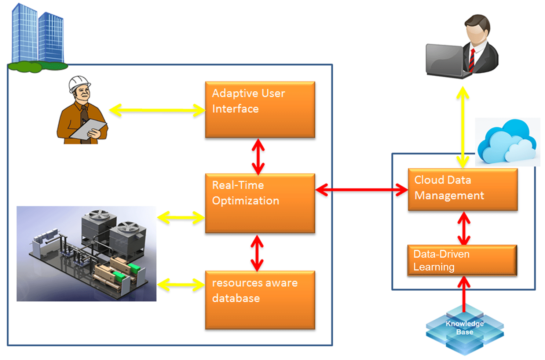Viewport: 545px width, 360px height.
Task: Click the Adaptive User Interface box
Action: point(260,109)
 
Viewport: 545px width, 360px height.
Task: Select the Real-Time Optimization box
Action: point(260,203)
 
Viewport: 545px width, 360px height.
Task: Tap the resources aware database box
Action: point(260,300)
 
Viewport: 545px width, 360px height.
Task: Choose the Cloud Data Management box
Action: point(462,189)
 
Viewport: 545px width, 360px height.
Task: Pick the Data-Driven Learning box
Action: point(462,260)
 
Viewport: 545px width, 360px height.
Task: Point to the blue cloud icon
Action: point(507,142)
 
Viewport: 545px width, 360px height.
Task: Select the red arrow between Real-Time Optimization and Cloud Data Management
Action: point(361,190)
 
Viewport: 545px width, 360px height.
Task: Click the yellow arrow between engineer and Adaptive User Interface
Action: point(157,110)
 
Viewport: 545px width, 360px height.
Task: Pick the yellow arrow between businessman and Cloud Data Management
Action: point(462,127)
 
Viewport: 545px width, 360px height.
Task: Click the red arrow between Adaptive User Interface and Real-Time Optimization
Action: point(258,156)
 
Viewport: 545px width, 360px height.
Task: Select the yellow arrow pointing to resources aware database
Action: point(181,285)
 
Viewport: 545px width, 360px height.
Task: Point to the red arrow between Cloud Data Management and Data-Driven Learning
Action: point(464,228)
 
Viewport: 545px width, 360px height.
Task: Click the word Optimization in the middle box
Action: point(245,201)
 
